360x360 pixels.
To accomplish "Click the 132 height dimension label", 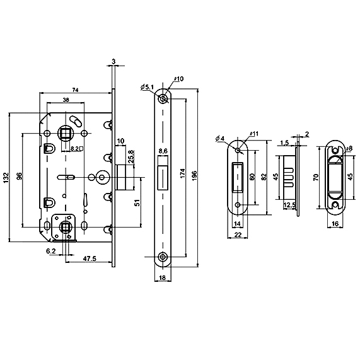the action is pos(6,177).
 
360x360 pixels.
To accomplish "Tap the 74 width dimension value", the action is pos(75,90).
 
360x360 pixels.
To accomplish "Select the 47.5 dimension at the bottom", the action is pos(90,258).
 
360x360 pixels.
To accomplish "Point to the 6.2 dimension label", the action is pos(51,251).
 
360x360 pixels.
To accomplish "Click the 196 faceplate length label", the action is pos(194,176).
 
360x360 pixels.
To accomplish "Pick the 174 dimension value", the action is pos(183,174).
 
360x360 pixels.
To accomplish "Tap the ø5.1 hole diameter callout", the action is pos(147,87).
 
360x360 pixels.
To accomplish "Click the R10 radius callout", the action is pos(179,79).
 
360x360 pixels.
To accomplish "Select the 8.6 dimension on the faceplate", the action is pos(163,151).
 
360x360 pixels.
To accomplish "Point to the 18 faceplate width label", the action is pos(162,277).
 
